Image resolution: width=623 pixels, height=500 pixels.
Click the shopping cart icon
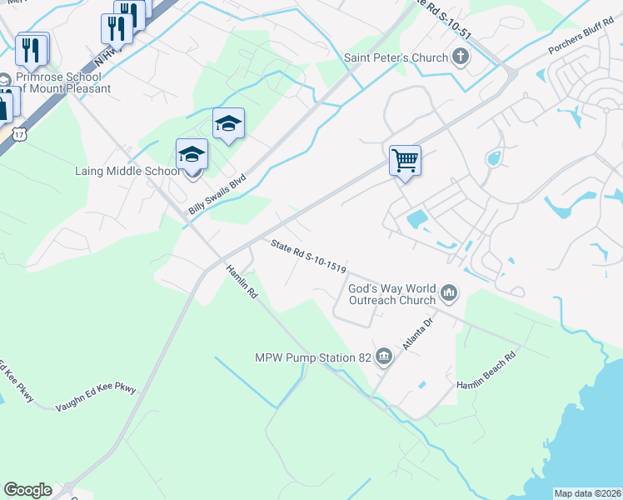(x=405, y=159)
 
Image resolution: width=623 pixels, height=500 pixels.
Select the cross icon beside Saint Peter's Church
(x=459, y=57)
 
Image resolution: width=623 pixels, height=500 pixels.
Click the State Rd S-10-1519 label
(x=308, y=255)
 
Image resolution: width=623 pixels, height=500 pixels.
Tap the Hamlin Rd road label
(x=241, y=282)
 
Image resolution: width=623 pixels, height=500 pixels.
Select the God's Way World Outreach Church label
(x=391, y=293)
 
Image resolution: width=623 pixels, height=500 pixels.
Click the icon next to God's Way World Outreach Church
(x=449, y=292)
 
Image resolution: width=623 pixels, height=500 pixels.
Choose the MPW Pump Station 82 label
(x=312, y=358)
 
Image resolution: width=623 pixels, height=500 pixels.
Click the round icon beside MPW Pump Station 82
(x=384, y=357)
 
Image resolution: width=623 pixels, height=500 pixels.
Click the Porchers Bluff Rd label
(x=580, y=38)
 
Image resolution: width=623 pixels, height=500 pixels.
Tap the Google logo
(x=27, y=490)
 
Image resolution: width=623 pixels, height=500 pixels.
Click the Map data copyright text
(x=587, y=493)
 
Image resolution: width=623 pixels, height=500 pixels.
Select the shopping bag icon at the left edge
(x=4, y=107)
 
